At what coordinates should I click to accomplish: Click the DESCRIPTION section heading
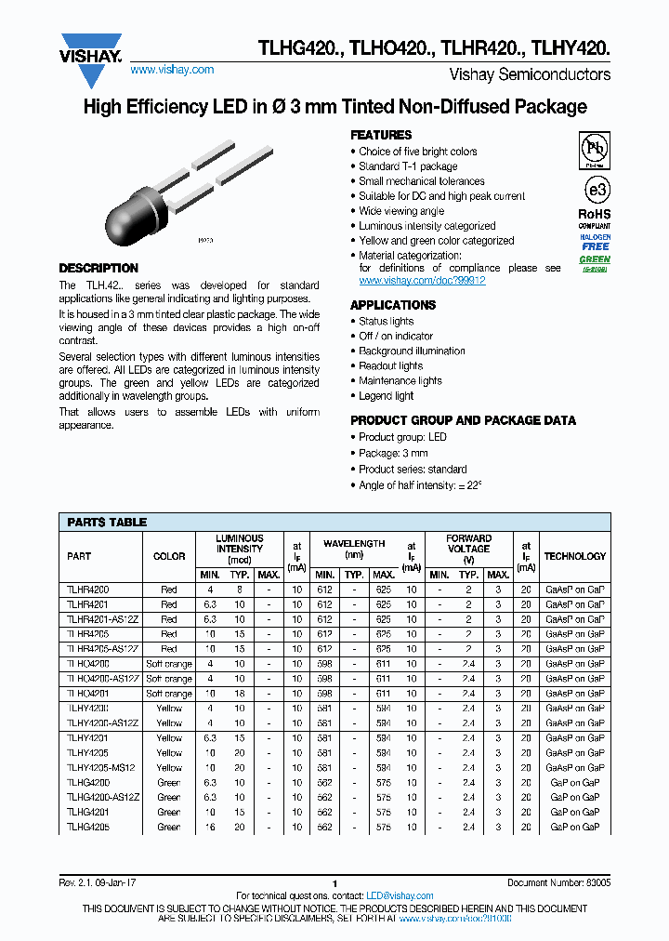[x=98, y=268]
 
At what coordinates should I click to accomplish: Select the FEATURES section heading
[x=381, y=135]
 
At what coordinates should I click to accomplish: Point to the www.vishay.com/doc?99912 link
[x=422, y=280]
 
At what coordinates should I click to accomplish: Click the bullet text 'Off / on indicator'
[x=396, y=336]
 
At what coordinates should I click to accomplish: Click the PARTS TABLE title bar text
[x=107, y=523]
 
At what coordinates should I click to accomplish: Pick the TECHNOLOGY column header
[x=574, y=556]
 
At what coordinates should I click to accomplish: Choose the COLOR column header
[x=169, y=556]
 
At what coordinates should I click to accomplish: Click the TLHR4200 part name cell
[x=88, y=590]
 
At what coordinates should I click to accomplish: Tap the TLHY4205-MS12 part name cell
[x=101, y=767]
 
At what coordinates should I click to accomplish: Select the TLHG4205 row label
[x=88, y=827]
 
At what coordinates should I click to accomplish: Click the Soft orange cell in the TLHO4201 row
[x=169, y=694]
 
